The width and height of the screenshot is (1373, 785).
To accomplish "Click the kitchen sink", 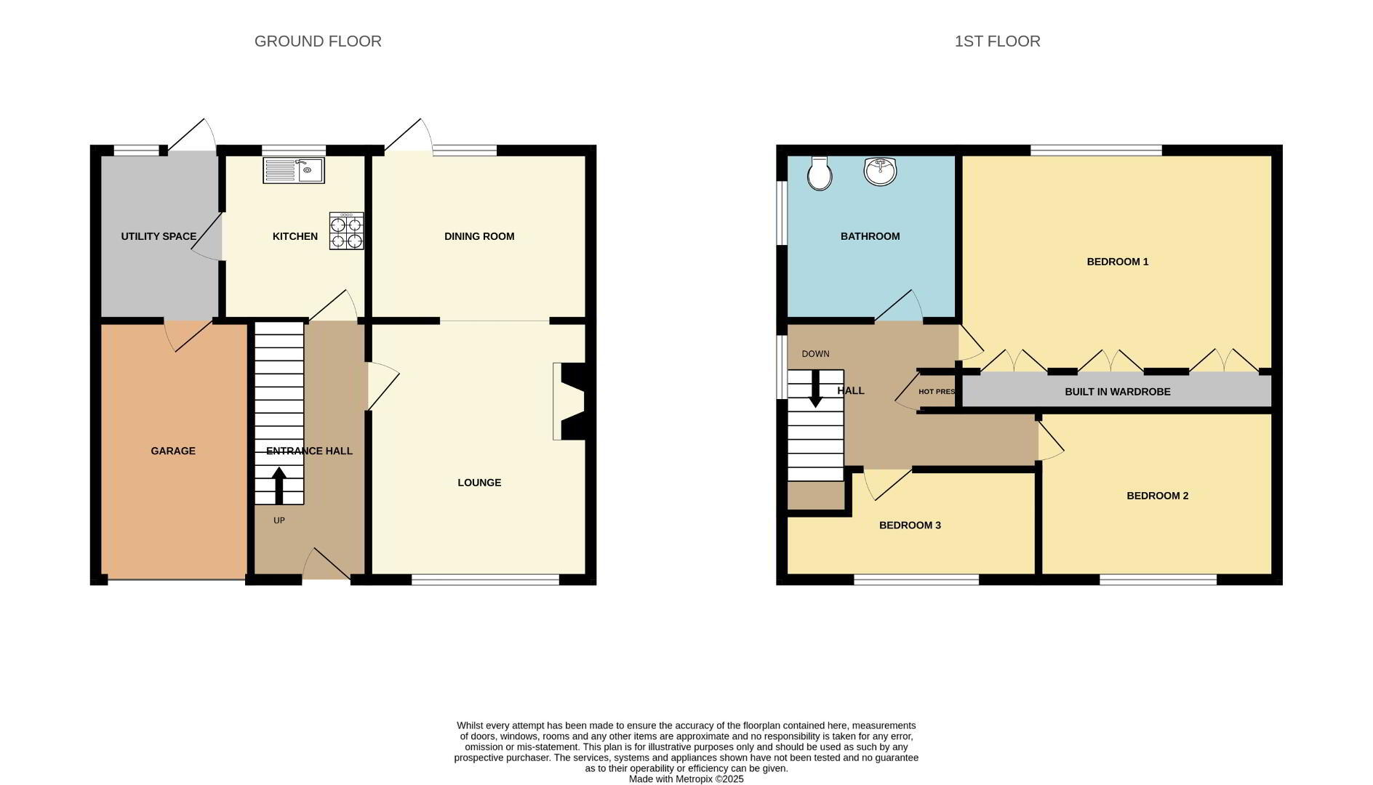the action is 294,171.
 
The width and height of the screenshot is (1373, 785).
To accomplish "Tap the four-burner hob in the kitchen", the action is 346,230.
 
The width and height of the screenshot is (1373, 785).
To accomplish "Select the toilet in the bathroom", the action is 820,173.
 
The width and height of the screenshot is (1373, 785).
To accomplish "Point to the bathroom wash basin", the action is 880,172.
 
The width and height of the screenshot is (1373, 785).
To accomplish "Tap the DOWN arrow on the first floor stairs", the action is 815,389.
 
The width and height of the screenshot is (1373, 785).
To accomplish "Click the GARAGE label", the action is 173,451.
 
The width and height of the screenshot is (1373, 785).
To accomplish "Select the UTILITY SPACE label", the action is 159,236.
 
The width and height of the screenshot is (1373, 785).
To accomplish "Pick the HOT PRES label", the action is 937,392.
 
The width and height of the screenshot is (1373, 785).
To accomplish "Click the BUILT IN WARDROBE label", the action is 1118,392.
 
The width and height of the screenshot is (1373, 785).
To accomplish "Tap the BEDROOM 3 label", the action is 910,526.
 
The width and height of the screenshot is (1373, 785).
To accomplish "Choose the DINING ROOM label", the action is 479,236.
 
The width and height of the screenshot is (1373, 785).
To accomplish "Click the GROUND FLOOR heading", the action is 318,41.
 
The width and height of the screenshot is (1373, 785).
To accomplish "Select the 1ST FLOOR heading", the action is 997,41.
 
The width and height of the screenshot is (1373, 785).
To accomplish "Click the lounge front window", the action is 485,579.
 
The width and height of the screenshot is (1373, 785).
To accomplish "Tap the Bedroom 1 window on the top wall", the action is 1096,150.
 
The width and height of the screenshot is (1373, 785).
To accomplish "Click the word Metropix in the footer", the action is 694,779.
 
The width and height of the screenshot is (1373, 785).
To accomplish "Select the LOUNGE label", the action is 479,483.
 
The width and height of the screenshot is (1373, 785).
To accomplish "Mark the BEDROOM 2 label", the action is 1157,496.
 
